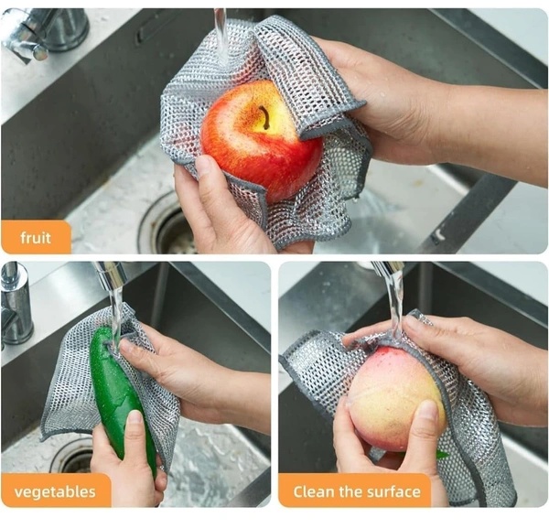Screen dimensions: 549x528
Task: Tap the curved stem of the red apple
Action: click(264, 117)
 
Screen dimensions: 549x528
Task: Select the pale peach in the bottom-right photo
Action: click(395, 403)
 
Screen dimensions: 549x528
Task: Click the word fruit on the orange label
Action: click(36, 238)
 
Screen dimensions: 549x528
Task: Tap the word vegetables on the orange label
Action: click(55, 491)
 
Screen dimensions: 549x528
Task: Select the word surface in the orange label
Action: click(392, 491)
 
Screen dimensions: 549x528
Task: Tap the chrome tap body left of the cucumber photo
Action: click(16, 305)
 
